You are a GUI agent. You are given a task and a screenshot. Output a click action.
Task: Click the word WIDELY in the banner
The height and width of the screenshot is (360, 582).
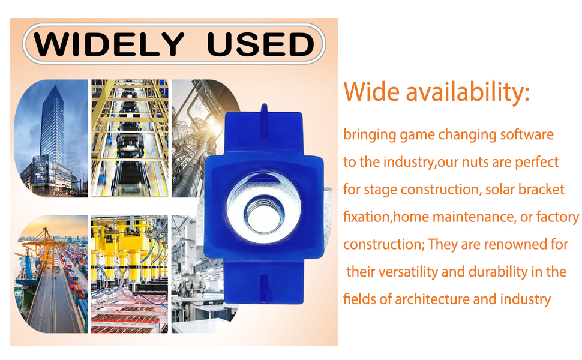tap(109, 44)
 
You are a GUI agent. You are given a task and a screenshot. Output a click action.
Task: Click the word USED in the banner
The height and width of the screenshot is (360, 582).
tap(261, 44)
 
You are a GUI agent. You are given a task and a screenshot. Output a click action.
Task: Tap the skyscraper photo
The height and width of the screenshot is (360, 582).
tap(51, 138)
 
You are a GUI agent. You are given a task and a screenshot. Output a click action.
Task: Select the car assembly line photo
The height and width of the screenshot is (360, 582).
tap(130, 138)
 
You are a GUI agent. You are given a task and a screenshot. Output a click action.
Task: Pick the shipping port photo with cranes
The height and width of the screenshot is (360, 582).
tap(51, 274)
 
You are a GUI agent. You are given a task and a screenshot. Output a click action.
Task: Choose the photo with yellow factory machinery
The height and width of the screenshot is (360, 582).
tap(130, 274)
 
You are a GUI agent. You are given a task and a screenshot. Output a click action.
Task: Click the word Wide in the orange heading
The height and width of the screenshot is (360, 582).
tap(371, 91)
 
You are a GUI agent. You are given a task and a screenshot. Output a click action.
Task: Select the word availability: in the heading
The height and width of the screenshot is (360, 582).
tap(467, 91)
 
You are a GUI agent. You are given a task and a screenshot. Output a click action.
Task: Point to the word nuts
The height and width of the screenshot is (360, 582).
tap(475, 162)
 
